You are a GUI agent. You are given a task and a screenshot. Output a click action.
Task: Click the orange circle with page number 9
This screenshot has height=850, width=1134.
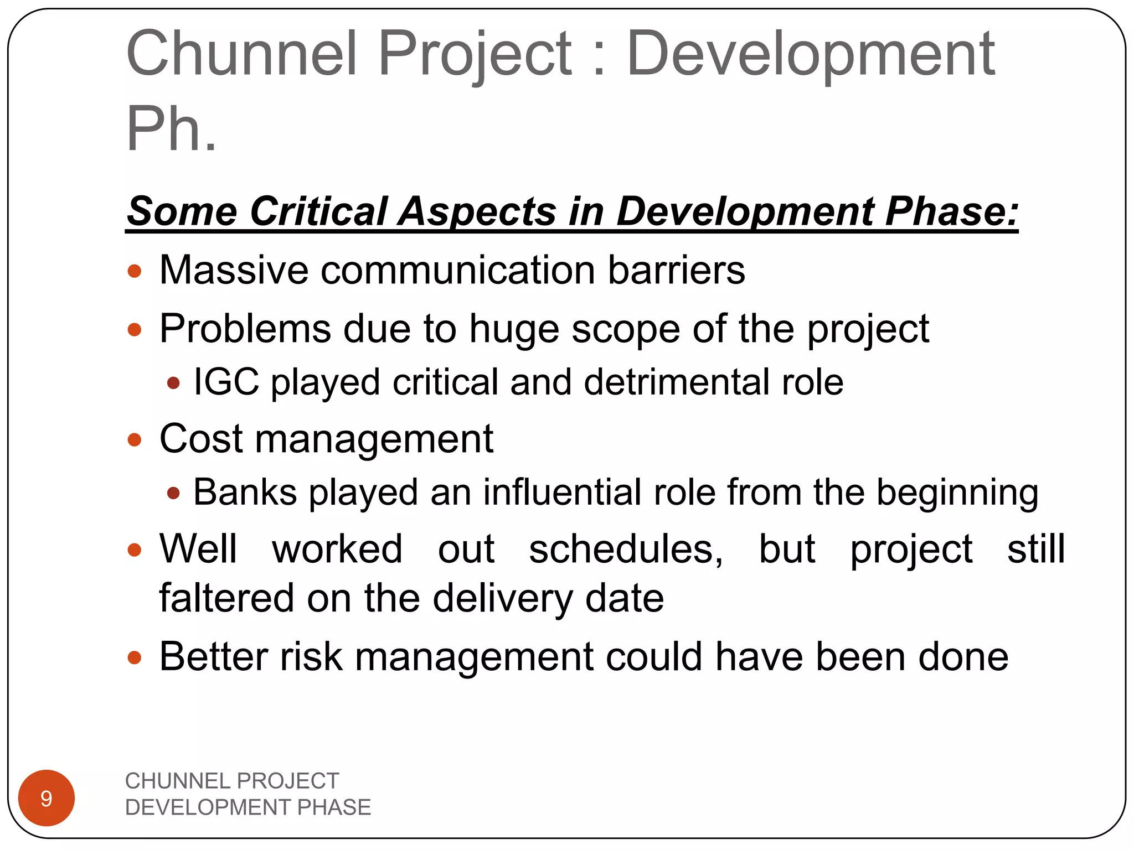pos(47,798)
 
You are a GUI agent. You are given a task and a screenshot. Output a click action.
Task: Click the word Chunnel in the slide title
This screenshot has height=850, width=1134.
pos(241,54)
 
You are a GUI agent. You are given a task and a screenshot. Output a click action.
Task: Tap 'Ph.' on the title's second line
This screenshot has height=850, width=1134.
pos(171,129)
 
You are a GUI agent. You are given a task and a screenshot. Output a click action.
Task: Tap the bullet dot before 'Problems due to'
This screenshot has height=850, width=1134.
pos(135,330)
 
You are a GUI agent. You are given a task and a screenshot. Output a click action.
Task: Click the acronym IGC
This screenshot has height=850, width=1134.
pos(226,382)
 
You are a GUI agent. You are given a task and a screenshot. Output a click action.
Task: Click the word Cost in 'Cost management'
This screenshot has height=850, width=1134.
pos(200,438)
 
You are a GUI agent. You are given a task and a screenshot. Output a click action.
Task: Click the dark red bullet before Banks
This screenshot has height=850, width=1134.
pos(173,493)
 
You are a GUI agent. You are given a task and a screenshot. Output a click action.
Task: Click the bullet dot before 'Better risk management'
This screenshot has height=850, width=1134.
pos(135,657)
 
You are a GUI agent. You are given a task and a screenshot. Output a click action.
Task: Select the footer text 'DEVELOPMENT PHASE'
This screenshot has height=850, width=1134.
pos(248,807)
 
